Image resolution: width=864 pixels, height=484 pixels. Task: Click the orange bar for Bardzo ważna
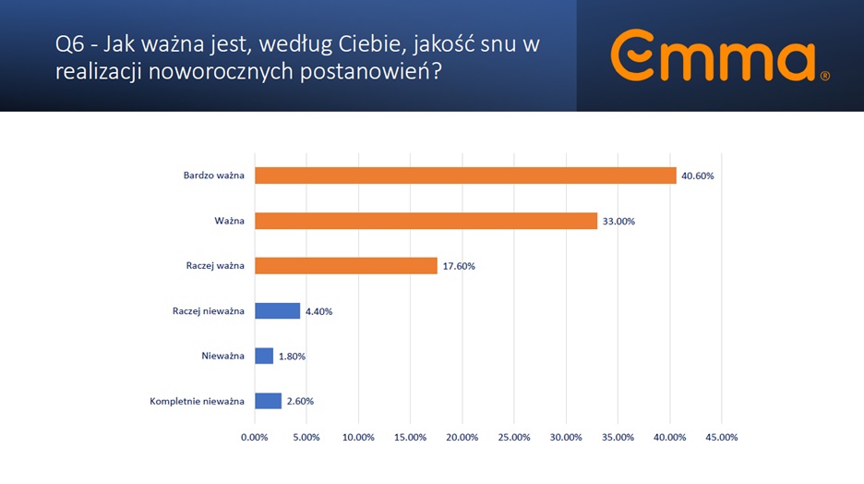[x=465, y=175]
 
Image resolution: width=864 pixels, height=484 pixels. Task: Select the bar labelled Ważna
[x=426, y=221]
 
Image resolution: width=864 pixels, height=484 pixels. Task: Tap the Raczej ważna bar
[x=345, y=266]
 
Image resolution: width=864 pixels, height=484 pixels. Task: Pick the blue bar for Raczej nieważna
[x=277, y=311]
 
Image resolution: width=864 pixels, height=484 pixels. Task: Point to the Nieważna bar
[x=264, y=356]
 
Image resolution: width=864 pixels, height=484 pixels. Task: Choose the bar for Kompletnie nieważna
[x=268, y=401]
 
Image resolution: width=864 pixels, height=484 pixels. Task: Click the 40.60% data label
[x=697, y=175]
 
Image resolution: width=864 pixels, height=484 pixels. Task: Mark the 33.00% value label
[x=618, y=221]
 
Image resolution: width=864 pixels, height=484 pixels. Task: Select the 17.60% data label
[x=458, y=266]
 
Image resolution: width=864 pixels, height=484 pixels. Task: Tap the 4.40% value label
[x=317, y=311]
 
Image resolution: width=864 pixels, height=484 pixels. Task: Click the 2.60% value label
[x=298, y=401]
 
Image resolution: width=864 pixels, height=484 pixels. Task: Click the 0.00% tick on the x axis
[x=254, y=437]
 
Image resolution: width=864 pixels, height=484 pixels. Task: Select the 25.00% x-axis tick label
[x=513, y=437]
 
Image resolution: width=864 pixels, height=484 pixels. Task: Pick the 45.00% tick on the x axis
[x=721, y=437]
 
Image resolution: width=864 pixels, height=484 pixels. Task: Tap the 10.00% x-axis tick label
[x=358, y=437]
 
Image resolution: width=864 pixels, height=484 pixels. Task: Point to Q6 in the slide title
[x=71, y=45]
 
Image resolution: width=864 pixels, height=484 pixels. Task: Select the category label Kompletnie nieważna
[x=197, y=401]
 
